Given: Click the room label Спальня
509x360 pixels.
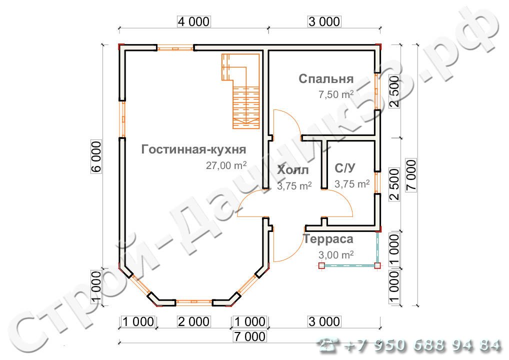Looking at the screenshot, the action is click(326, 79).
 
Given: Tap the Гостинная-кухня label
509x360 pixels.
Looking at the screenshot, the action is click(194, 149).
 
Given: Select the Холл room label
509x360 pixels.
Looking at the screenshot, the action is click(293, 170).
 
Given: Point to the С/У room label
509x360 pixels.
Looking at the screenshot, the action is click(344, 168).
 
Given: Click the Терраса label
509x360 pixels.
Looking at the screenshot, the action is click(328, 239).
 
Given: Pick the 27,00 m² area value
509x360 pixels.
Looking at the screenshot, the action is click(226, 165).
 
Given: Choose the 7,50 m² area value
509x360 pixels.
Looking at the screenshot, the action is click(336, 94).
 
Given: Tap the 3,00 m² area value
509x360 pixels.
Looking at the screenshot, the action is click(336, 255).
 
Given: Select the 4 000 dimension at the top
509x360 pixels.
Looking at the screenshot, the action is click(194, 21).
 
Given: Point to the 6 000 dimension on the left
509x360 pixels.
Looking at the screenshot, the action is click(96, 156).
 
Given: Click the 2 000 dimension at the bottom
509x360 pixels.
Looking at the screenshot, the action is click(194, 321).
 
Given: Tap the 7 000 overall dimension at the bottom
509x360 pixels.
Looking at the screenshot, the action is click(249, 336).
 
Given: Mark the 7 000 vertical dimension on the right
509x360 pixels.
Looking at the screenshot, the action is click(411, 175).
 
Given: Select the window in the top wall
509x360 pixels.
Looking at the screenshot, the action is click(175, 48).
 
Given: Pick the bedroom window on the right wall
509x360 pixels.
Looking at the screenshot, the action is click(377, 91).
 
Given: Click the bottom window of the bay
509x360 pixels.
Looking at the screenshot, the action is click(194, 302).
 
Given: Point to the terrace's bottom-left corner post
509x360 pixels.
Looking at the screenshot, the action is click(321, 266).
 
